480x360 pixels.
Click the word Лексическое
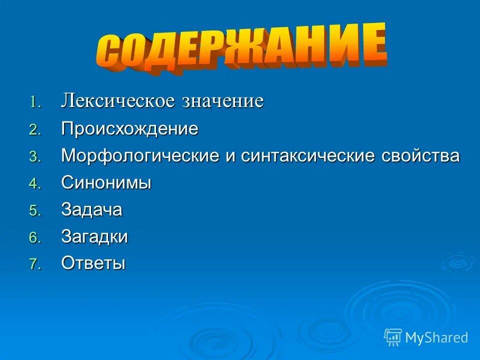point(118,101)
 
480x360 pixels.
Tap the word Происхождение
point(130,129)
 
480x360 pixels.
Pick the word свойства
point(420,156)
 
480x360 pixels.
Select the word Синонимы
point(106,183)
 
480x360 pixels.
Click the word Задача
point(91,209)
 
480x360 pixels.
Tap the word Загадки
point(94,236)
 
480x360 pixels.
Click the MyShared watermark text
point(436,337)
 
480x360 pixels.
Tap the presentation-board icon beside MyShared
point(393,337)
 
